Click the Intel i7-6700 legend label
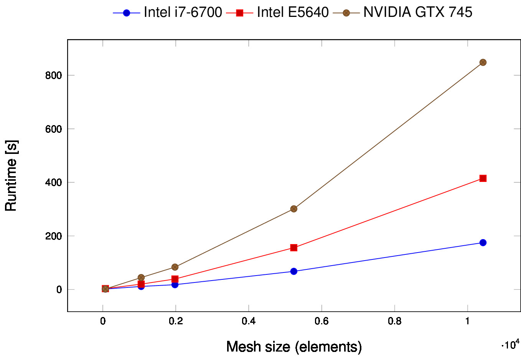pos(183,12)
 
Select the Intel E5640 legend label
pos(293,12)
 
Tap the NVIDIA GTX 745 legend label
pos(417,12)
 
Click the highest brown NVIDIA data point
pos(483,62)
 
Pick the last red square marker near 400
pos(483,178)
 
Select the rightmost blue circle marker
pos(483,243)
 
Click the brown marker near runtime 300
pos(293,209)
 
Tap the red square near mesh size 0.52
pos(293,248)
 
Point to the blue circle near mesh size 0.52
pos(293,271)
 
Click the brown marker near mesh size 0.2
pos(175,267)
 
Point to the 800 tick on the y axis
pos(53,76)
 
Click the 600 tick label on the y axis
pos(53,129)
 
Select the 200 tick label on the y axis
pos(53,236)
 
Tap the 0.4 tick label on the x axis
pos(249,321)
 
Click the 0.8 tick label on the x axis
pos(394,321)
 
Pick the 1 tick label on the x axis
pos(467,321)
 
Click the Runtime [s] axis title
pos(11,176)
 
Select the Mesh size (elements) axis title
pos(294,347)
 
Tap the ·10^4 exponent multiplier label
pos(510,344)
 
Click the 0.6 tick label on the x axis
pos(322,321)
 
